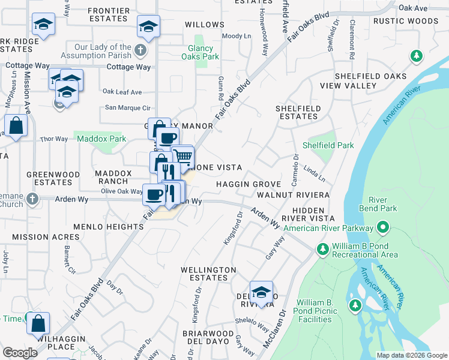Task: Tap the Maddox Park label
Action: [101, 139]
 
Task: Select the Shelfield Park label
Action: [328, 145]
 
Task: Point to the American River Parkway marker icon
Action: [382, 228]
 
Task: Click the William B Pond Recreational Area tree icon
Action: [322, 248]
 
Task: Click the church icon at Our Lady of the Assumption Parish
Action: [140, 50]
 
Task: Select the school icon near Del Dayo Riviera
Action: [261, 292]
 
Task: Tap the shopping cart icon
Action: [182, 156]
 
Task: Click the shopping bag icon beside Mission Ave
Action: [16, 126]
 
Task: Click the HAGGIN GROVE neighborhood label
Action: [249, 184]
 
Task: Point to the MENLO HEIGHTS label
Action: [101, 227]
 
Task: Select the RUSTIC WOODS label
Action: [405, 21]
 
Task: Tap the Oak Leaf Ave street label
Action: [122, 92]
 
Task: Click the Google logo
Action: [20, 353]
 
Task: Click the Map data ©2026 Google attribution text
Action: [411, 355]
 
